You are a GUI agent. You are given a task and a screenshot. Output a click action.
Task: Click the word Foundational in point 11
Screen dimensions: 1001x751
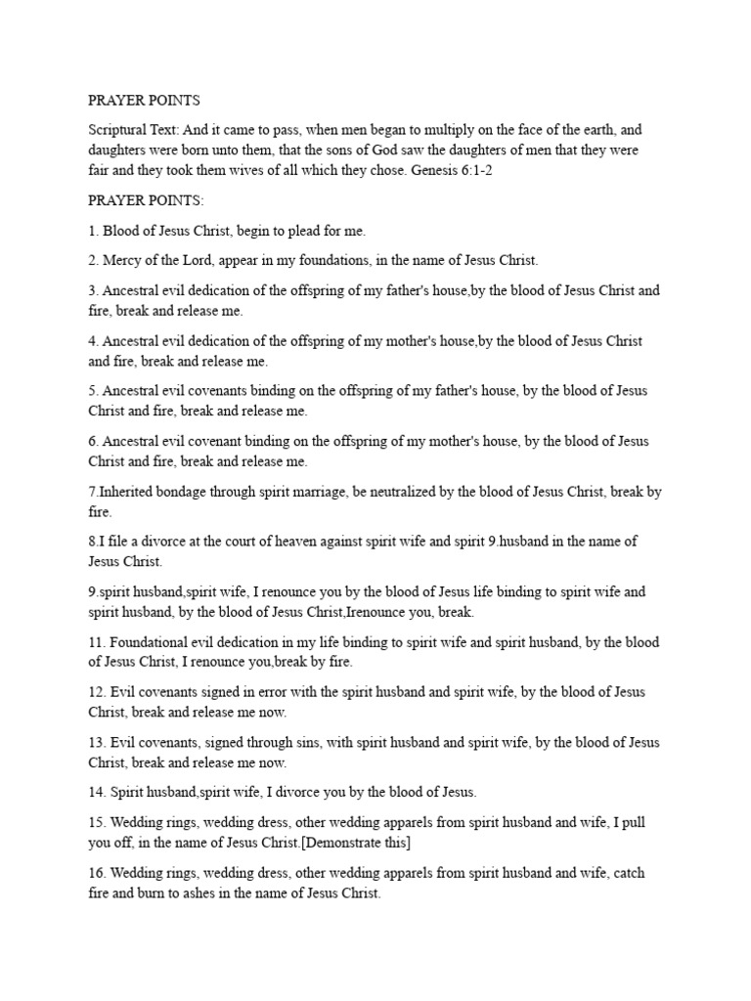click(150, 642)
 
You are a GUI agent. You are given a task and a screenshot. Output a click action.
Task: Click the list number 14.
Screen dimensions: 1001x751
click(96, 793)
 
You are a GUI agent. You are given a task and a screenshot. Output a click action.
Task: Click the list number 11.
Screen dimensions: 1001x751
click(96, 642)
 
